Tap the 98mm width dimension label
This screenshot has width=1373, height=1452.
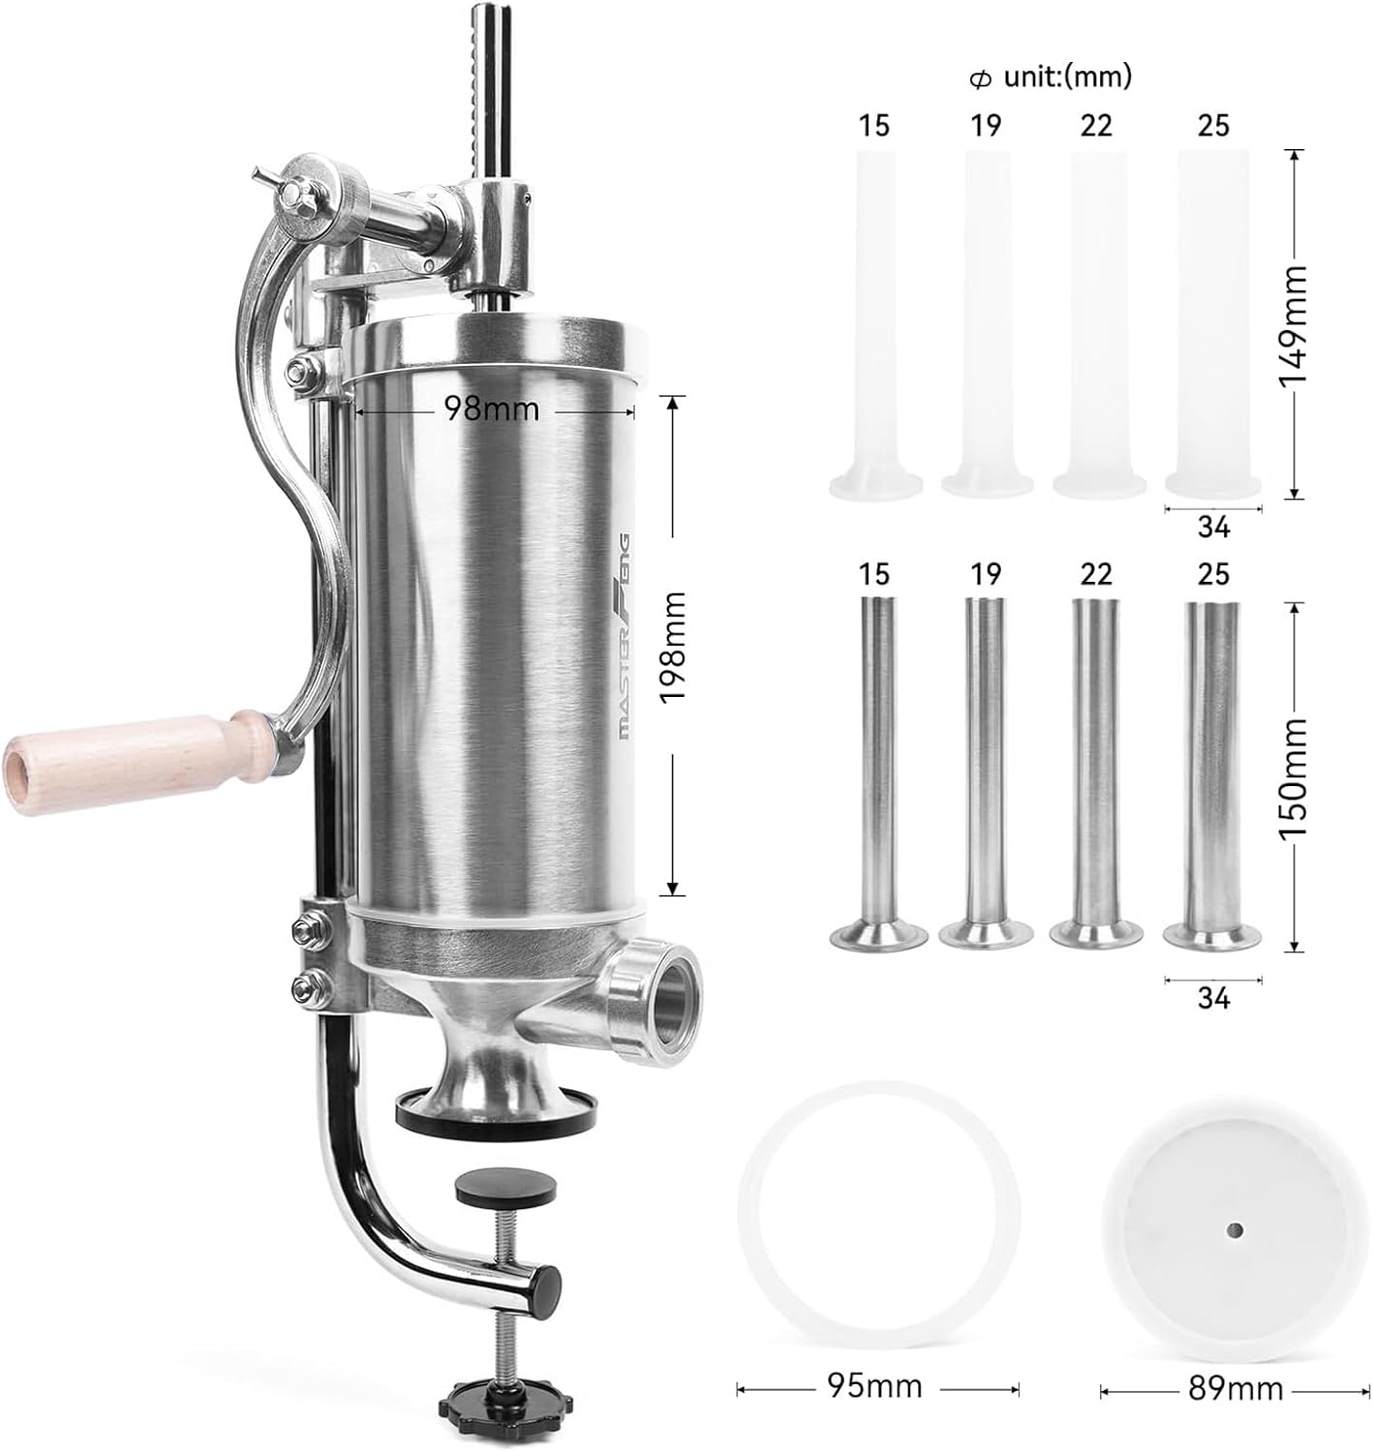tap(492, 408)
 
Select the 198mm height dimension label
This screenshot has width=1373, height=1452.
tap(672, 647)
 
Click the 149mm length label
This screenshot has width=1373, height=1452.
tap(1294, 325)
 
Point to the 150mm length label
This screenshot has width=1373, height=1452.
tap(1294, 777)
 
